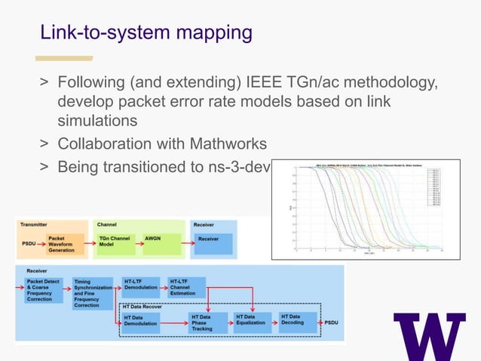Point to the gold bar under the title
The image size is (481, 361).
point(65,58)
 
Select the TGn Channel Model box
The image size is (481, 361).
point(113,243)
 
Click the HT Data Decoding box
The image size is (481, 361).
point(295,319)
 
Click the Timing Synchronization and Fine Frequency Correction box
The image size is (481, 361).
point(91,293)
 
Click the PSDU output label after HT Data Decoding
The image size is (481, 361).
point(332,322)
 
